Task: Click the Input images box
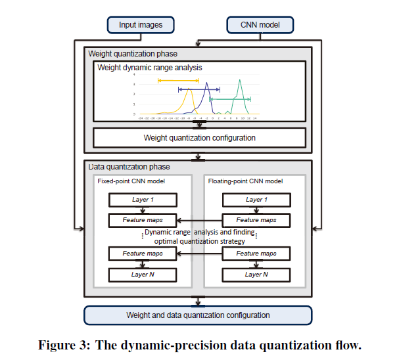pos(141,25)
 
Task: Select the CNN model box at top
pos(259,25)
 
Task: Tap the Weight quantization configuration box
pos(199,138)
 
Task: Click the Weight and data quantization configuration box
pos(198,315)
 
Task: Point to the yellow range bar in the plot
pos(177,80)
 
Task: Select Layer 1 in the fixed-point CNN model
pos(143,200)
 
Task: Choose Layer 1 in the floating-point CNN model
pos(256,200)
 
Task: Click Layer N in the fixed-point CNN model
pos(143,274)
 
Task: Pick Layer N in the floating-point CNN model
pos(256,274)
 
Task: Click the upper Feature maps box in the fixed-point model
pos(143,220)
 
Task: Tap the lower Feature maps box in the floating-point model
pos(256,254)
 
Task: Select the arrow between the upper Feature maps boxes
pos(200,220)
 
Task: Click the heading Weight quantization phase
pos(133,53)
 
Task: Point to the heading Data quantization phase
pos(129,168)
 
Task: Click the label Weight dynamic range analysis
pos(149,68)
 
